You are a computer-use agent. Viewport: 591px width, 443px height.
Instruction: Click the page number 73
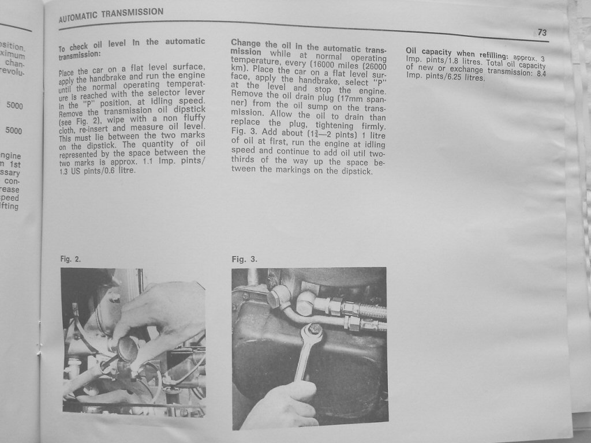(x=542, y=32)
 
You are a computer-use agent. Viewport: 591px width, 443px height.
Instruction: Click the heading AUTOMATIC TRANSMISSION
(x=111, y=14)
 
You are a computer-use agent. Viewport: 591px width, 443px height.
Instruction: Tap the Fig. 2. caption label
(x=70, y=259)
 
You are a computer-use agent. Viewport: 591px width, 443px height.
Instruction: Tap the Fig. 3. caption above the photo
(x=244, y=259)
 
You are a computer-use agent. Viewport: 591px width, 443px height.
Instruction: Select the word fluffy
(x=194, y=119)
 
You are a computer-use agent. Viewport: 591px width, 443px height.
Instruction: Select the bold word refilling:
(x=494, y=55)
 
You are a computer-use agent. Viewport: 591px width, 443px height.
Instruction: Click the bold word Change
(x=245, y=43)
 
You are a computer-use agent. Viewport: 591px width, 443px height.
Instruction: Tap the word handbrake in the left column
(x=107, y=78)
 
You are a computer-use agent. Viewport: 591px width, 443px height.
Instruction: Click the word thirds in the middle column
(x=243, y=159)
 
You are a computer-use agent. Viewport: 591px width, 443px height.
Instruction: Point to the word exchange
(x=466, y=70)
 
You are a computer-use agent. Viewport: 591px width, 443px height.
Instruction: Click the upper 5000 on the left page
(x=14, y=106)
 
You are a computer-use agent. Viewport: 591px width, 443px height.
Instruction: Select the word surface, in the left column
(x=189, y=67)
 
